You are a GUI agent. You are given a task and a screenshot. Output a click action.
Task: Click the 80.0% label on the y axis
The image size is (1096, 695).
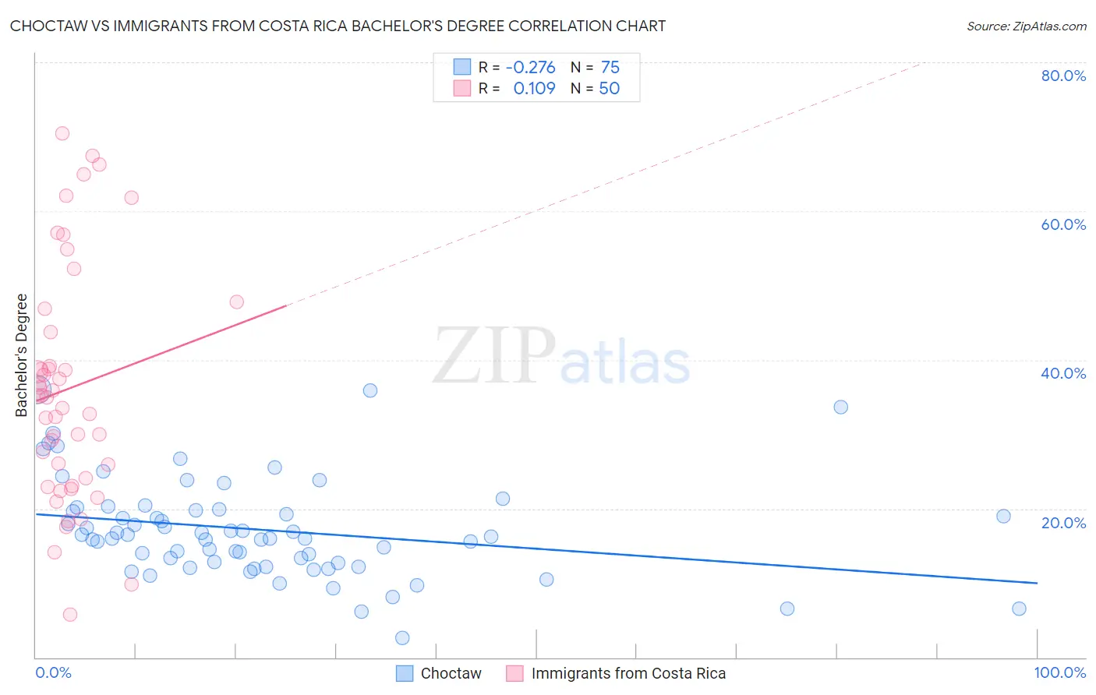point(1063,76)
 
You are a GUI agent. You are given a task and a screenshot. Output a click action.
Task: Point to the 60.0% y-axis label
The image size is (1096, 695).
point(1063,224)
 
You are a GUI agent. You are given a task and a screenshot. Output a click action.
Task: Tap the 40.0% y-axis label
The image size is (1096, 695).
point(1063,373)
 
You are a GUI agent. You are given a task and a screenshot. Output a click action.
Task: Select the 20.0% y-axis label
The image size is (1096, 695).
point(1063,522)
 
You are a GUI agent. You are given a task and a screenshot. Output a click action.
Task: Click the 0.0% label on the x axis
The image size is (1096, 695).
point(53,672)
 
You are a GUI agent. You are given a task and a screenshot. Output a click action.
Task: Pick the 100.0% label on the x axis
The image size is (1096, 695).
point(1059,672)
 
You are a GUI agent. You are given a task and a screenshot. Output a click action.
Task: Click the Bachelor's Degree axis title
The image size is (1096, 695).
point(22,355)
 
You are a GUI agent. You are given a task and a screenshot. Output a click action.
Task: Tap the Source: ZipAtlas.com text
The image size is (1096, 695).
point(1026,26)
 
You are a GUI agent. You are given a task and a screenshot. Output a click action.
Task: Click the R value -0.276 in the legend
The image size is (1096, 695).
point(530,68)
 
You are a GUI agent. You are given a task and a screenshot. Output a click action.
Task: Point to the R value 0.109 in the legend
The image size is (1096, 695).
point(534,89)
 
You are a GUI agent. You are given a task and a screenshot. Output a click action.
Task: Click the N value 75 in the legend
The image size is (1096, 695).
point(610,68)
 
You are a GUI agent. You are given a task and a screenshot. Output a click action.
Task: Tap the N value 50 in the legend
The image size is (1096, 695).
point(609,89)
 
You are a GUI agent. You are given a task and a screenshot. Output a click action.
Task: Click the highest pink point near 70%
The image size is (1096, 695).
point(62,133)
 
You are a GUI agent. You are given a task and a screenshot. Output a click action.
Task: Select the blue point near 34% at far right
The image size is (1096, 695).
point(840,407)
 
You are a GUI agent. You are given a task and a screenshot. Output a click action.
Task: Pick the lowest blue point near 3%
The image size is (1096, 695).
point(402,638)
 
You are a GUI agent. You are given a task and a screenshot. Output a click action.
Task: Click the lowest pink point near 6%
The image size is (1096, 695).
point(70,615)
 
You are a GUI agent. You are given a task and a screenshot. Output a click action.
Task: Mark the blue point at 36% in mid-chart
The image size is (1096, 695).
point(370,390)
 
